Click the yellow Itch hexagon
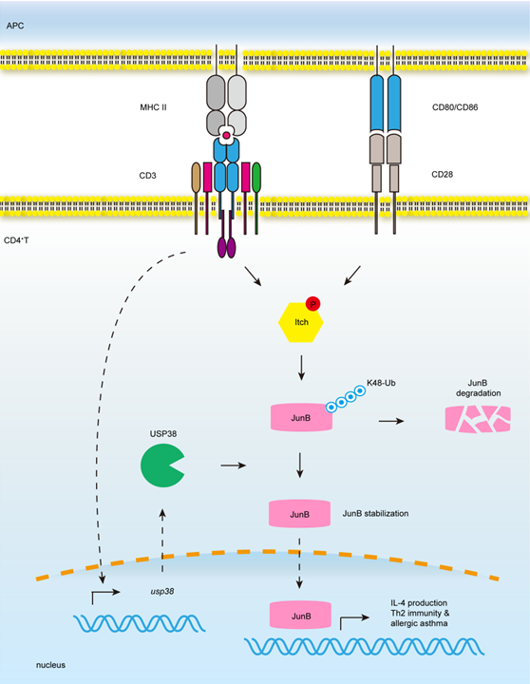300,322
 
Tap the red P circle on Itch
312,304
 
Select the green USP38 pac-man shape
162,465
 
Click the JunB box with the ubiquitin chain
301,417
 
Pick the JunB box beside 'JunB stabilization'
299,514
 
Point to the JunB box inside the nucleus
300,616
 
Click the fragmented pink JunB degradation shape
478,419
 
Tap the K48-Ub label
381,383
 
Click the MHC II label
153,107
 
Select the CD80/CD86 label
455,107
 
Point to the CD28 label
443,175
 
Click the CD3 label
147,176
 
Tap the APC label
15,26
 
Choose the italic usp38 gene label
161,591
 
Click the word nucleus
50,665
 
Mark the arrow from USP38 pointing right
234,465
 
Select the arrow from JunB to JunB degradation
391,421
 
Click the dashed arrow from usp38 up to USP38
162,540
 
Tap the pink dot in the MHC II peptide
226,136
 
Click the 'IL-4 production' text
419,603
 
